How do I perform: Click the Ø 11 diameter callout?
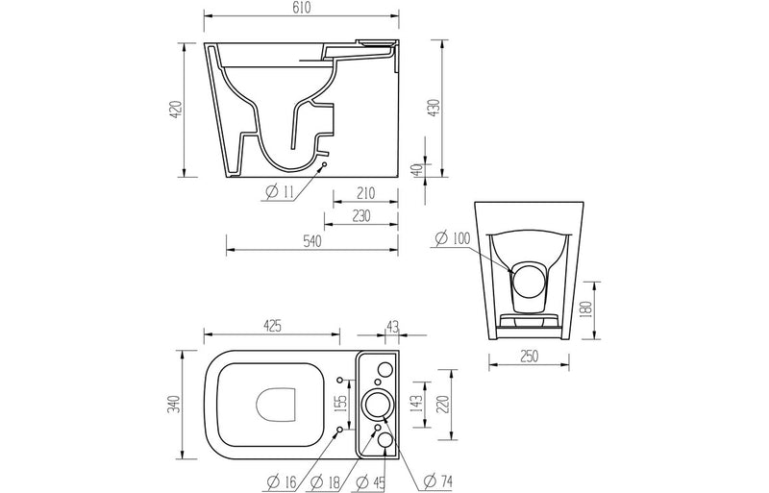click(278, 192)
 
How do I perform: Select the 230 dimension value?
click(360, 217)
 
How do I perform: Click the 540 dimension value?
click(310, 242)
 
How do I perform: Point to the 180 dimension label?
click(588, 308)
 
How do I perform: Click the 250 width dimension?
click(536, 357)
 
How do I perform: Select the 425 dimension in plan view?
click(271, 327)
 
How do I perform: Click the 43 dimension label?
click(392, 327)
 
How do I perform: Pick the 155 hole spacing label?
click(337, 402)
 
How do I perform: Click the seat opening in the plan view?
click(275, 403)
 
